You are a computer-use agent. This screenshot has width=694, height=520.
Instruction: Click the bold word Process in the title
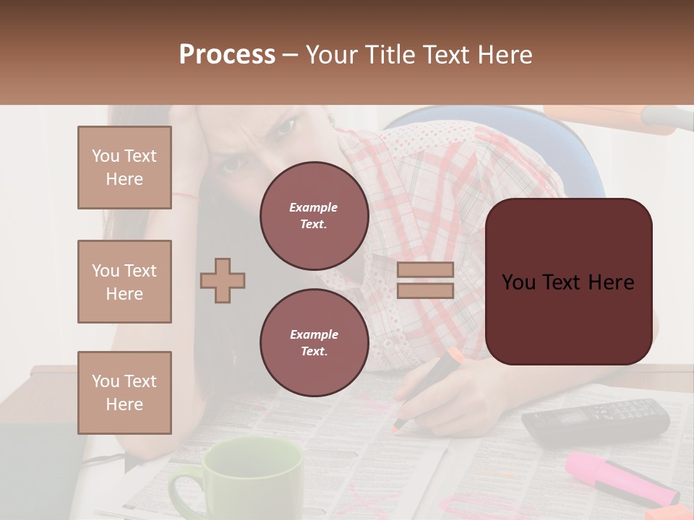[227, 55]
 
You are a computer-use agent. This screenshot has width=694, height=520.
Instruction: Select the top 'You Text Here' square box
[124, 168]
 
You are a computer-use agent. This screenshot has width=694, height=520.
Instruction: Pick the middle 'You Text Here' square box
[124, 282]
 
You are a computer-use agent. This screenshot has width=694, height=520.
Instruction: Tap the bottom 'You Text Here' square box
[124, 393]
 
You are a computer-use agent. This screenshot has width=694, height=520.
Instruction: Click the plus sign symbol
[223, 280]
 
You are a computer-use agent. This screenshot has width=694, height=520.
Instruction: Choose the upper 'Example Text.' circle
[314, 216]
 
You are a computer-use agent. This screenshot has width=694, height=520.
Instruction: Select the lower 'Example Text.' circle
[314, 343]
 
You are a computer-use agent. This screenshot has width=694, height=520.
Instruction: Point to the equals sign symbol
[425, 280]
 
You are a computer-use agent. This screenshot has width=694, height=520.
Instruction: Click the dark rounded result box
[568, 282]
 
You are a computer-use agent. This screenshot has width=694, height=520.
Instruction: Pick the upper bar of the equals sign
[425, 269]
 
